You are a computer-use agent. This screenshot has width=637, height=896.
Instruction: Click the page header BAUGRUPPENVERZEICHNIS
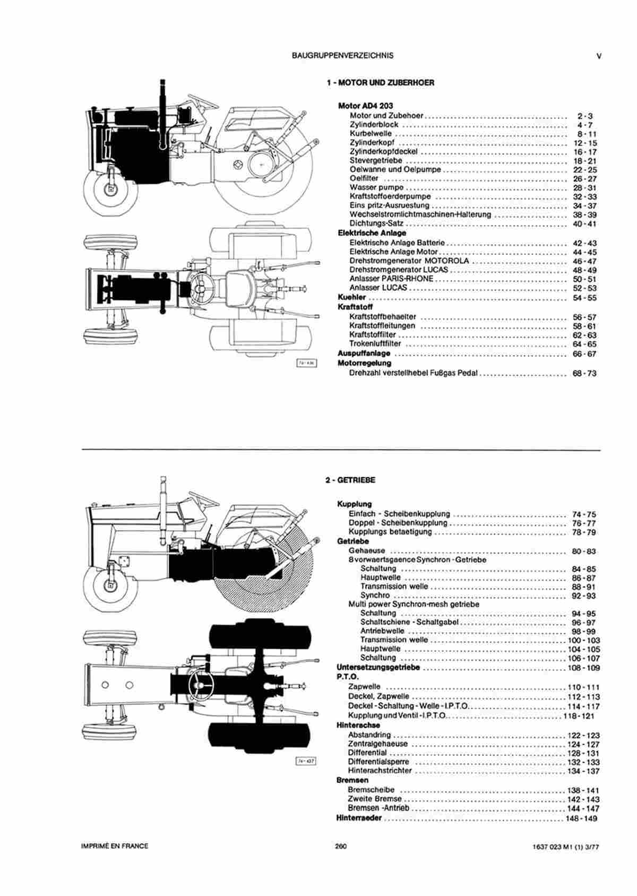(342, 56)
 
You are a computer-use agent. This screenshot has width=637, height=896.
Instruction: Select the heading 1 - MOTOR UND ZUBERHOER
(381, 83)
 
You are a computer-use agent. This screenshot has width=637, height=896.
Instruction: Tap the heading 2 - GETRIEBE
(350, 480)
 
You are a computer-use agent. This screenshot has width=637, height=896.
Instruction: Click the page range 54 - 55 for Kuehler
(584, 298)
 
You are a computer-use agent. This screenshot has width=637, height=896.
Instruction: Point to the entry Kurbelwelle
(371, 134)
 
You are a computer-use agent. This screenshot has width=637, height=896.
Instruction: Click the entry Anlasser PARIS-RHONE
(391, 279)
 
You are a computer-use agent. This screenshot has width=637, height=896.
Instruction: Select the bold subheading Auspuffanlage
(364, 354)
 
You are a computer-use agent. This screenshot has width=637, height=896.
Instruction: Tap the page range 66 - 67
(584, 354)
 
